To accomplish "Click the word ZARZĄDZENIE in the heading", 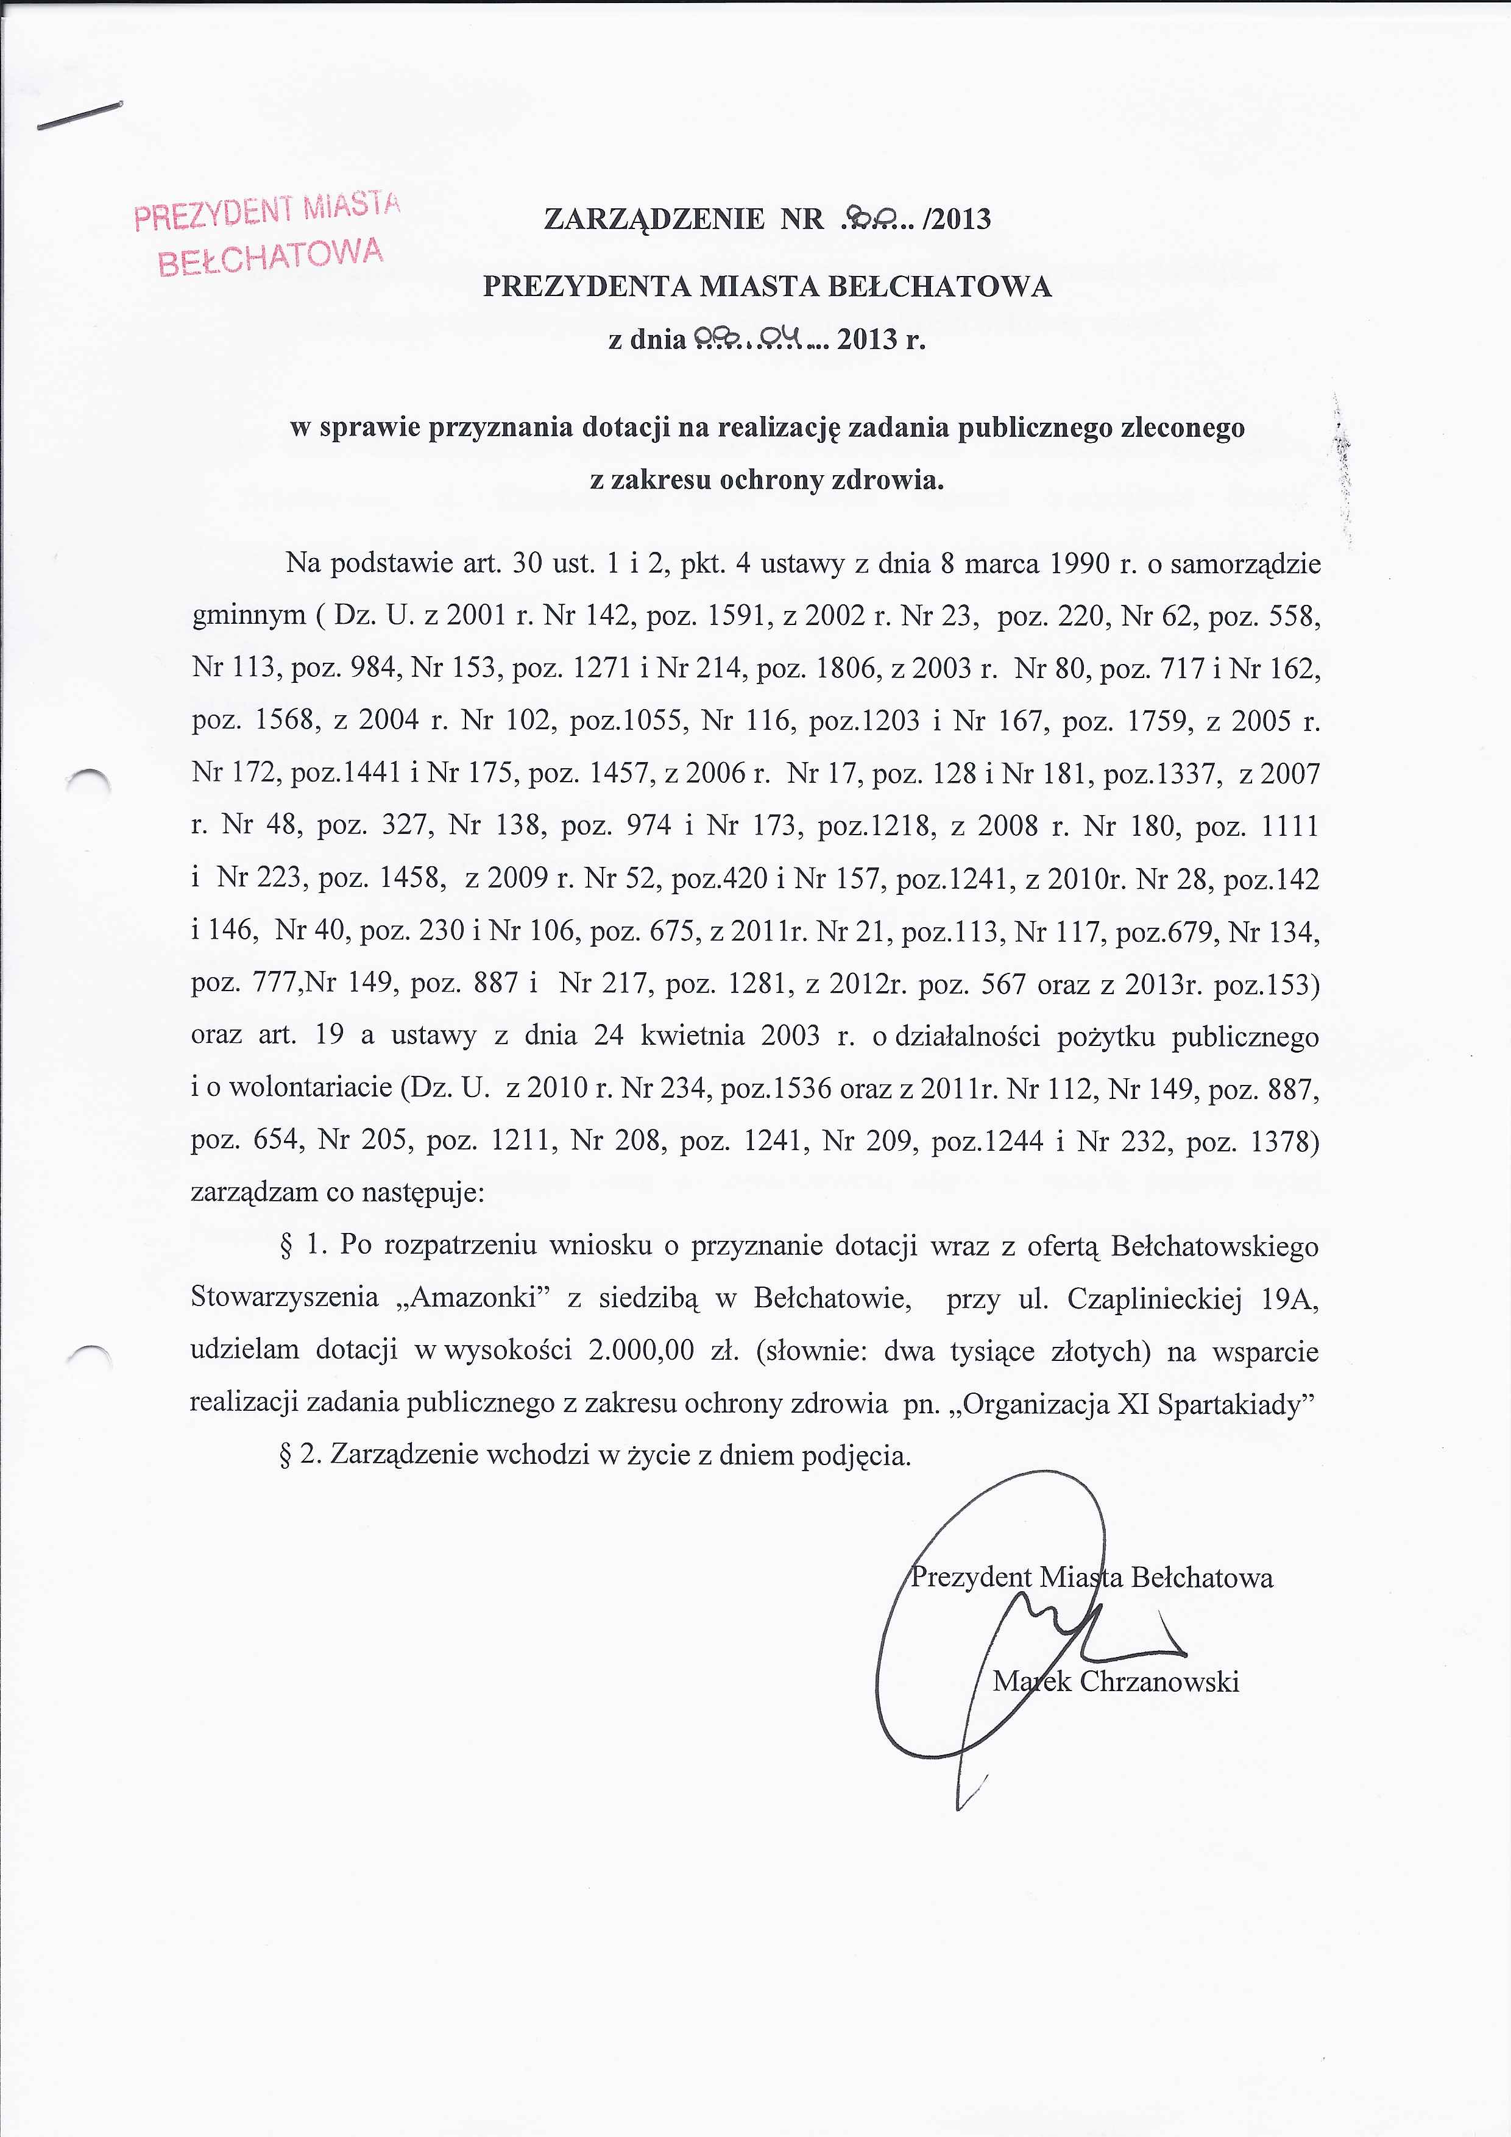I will [x=654, y=220].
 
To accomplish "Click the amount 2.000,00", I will [x=642, y=1351].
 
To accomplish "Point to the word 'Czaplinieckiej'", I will [x=1155, y=1298].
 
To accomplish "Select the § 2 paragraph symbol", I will [x=287, y=1455].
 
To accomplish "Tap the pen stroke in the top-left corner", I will [x=79, y=116].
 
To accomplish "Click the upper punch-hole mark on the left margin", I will [x=90, y=780].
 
